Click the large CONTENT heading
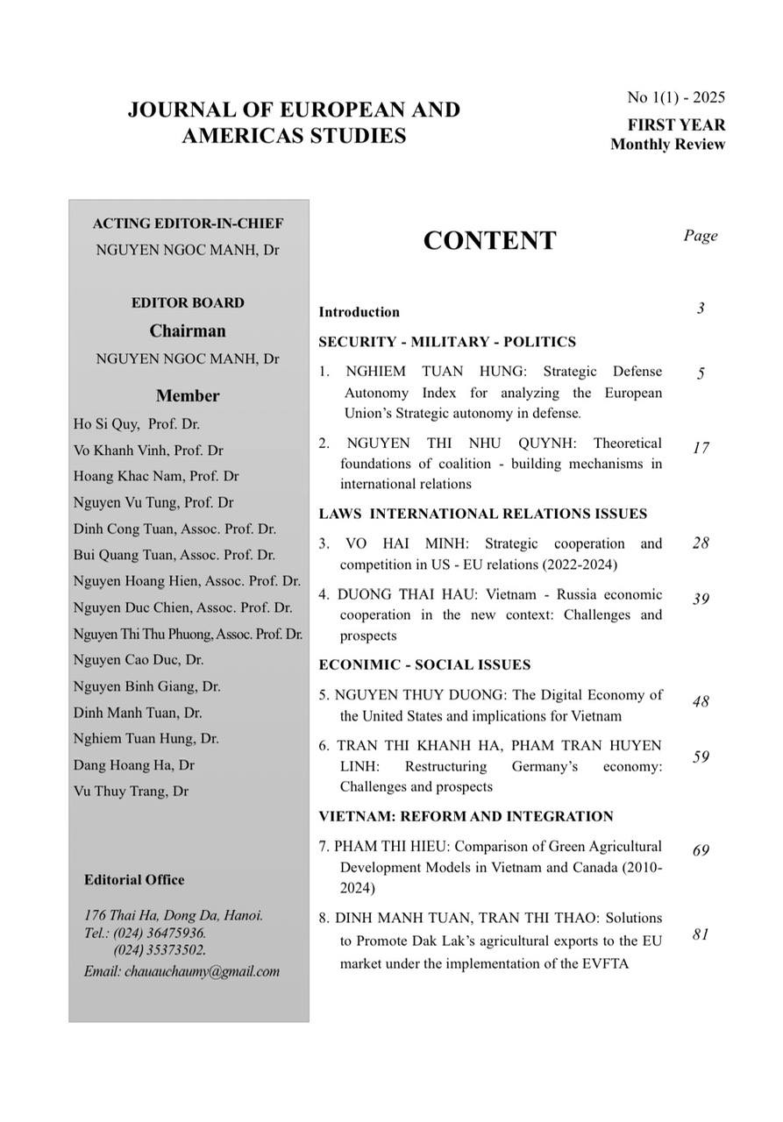489,240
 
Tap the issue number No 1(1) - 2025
676,97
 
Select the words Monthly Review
667,145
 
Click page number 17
700,448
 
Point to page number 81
700,934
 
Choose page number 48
700,701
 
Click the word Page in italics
700,235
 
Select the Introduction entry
359,312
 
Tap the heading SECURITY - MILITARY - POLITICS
447,342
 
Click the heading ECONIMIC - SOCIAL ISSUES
424,664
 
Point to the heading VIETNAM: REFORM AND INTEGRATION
466,816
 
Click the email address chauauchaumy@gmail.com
203,971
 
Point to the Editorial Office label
134,880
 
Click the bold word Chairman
188,330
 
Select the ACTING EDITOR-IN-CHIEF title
188,224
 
